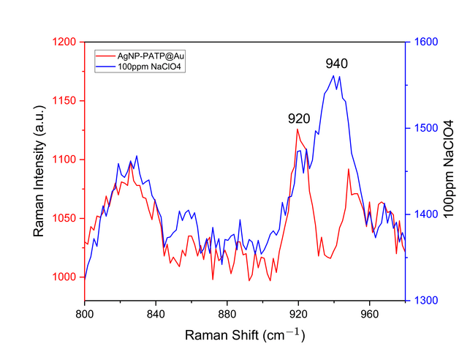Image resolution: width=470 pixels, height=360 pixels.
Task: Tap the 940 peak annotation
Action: click(336, 64)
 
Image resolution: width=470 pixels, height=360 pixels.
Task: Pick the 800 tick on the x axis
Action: click(85, 312)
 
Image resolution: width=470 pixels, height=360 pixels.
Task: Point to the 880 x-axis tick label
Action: click(227, 312)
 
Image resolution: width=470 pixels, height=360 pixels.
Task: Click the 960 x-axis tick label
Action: click(369, 312)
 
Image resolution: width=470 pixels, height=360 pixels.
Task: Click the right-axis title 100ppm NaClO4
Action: click(449, 171)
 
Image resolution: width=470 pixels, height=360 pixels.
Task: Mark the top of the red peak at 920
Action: click(297, 129)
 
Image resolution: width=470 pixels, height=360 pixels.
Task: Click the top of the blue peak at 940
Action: click(333, 75)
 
